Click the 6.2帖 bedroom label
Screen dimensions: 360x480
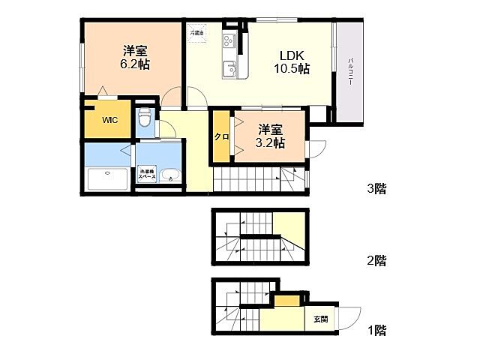coord(135,57)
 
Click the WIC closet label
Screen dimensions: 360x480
coord(109,120)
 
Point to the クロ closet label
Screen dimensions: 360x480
coord(221,136)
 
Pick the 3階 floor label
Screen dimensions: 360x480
coord(376,189)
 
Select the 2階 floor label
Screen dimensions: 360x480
coord(376,261)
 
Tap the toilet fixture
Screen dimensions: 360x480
coord(144,118)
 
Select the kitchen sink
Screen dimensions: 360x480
coord(228,70)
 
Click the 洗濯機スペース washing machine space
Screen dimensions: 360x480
coord(146,175)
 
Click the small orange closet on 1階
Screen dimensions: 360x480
coord(285,301)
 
